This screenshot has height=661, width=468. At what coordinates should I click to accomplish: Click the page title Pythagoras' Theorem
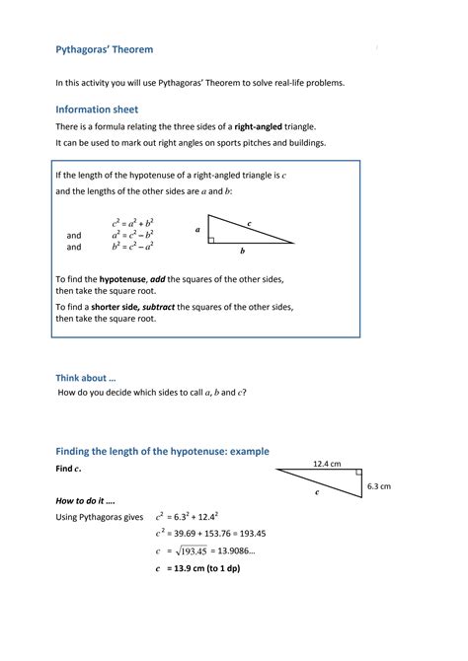[x=104, y=49]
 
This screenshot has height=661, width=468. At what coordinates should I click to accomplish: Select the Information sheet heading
[x=97, y=110]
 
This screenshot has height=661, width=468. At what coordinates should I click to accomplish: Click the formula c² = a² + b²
[x=131, y=223]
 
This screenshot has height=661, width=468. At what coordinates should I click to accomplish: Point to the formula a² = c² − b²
[x=131, y=235]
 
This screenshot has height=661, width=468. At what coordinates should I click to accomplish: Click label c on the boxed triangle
[x=250, y=224]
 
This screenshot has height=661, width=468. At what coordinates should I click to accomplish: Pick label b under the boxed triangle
[x=242, y=253]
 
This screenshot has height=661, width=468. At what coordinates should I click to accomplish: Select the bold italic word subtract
[x=159, y=307]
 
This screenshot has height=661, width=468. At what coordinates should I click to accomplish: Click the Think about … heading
[x=85, y=377]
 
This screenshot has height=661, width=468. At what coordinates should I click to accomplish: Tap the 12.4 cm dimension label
[x=327, y=463]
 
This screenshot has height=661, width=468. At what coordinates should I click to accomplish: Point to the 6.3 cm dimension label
[x=379, y=486]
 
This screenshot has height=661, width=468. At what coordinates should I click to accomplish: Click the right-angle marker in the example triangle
[x=357, y=474]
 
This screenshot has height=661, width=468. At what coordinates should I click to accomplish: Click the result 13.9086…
[x=236, y=551]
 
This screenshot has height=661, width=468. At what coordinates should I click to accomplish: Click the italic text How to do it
[x=83, y=501]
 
